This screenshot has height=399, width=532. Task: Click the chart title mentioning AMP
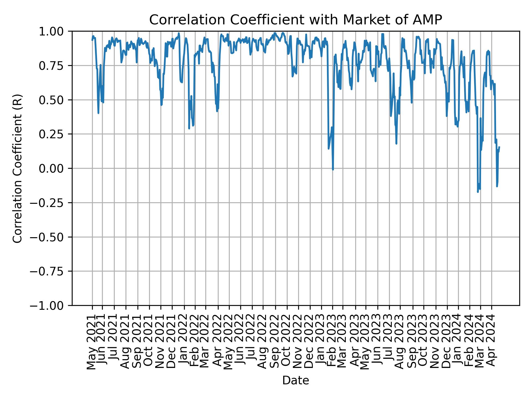click(295, 20)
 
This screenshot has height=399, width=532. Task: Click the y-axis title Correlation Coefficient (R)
click(17, 168)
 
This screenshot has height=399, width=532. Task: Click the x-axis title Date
click(295, 380)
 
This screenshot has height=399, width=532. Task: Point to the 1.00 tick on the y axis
click(55, 31)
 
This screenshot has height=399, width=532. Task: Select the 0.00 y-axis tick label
click(55, 168)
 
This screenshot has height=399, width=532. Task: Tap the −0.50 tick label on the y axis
click(51, 237)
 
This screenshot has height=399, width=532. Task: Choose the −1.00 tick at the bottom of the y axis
click(51, 305)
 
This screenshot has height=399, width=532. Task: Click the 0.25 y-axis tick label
click(55, 134)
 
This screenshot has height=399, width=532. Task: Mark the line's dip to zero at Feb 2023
click(333, 169)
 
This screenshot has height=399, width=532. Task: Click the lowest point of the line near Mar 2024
click(478, 192)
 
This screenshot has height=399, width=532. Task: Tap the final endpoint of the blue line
click(499, 147)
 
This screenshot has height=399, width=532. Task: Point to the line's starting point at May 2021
click(92, 40)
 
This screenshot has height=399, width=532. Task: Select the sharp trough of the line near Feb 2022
click(189, 128)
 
